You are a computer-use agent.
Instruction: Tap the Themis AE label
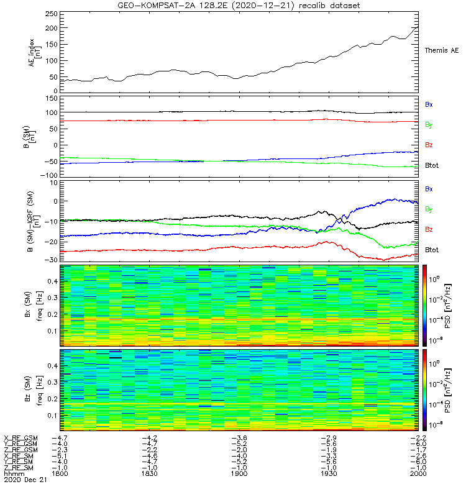tap(441, 50)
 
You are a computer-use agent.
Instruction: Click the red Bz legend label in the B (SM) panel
tap(429, 145)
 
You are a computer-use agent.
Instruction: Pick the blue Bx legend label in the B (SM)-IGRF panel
tap(429, 188)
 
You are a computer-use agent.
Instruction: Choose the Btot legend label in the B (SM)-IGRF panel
tap(432, 250)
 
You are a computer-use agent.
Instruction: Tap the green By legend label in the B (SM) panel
tap(429, 125)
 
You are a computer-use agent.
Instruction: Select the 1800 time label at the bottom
tap(60, 473)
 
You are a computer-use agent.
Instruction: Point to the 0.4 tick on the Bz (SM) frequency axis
tap(53, 366)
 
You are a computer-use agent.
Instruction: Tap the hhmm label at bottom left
tap(12, 473)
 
